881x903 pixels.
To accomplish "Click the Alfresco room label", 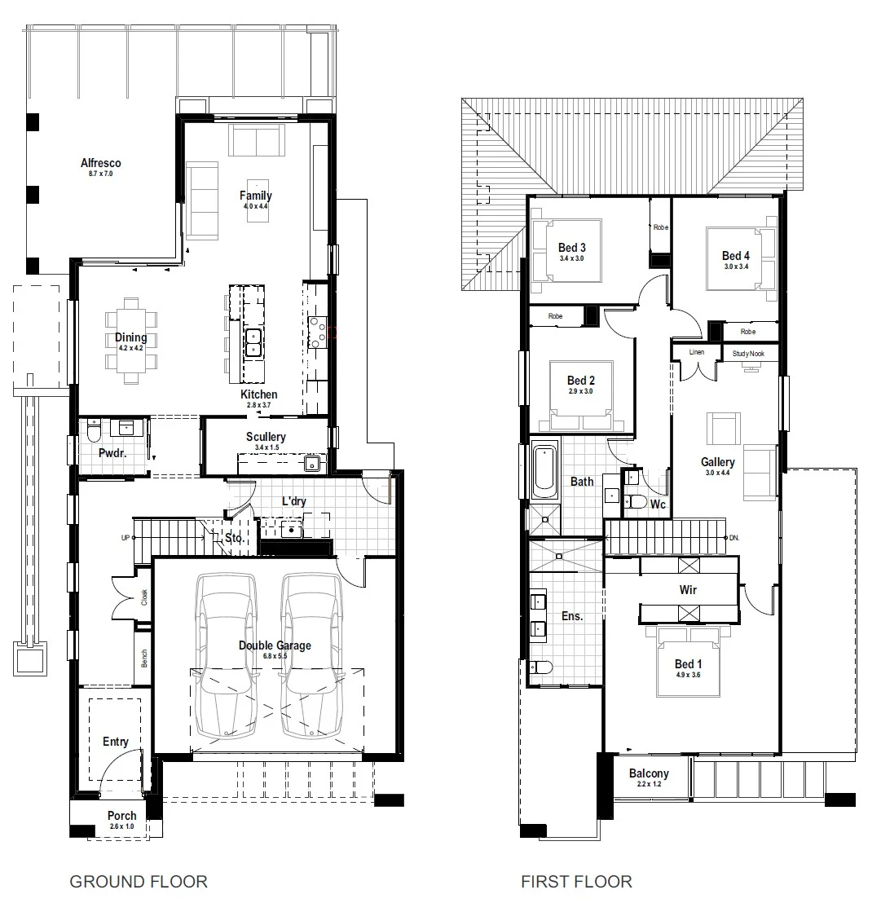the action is (101, 163).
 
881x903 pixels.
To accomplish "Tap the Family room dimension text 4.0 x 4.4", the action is (256, 206).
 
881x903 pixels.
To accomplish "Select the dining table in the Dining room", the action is (131, 341).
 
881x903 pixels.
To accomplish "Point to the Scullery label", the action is (266, 437).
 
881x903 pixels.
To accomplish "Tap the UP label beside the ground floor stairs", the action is (125, 538).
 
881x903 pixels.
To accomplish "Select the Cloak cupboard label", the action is (144, 597).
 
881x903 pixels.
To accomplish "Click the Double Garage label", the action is (275, 645).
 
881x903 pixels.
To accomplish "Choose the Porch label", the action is (122, 816).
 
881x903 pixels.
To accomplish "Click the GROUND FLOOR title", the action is (139, 882).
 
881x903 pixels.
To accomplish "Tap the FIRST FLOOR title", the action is (576, 882).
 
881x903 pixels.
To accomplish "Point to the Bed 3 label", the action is (572, 248).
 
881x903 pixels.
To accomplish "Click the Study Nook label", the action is (748, 354).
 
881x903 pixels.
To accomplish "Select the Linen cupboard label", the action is (697, 352).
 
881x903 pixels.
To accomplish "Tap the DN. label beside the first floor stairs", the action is (734, 538).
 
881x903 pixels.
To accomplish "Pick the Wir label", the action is (688, 590).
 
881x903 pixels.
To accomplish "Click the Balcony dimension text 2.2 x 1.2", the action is (649, 784).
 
